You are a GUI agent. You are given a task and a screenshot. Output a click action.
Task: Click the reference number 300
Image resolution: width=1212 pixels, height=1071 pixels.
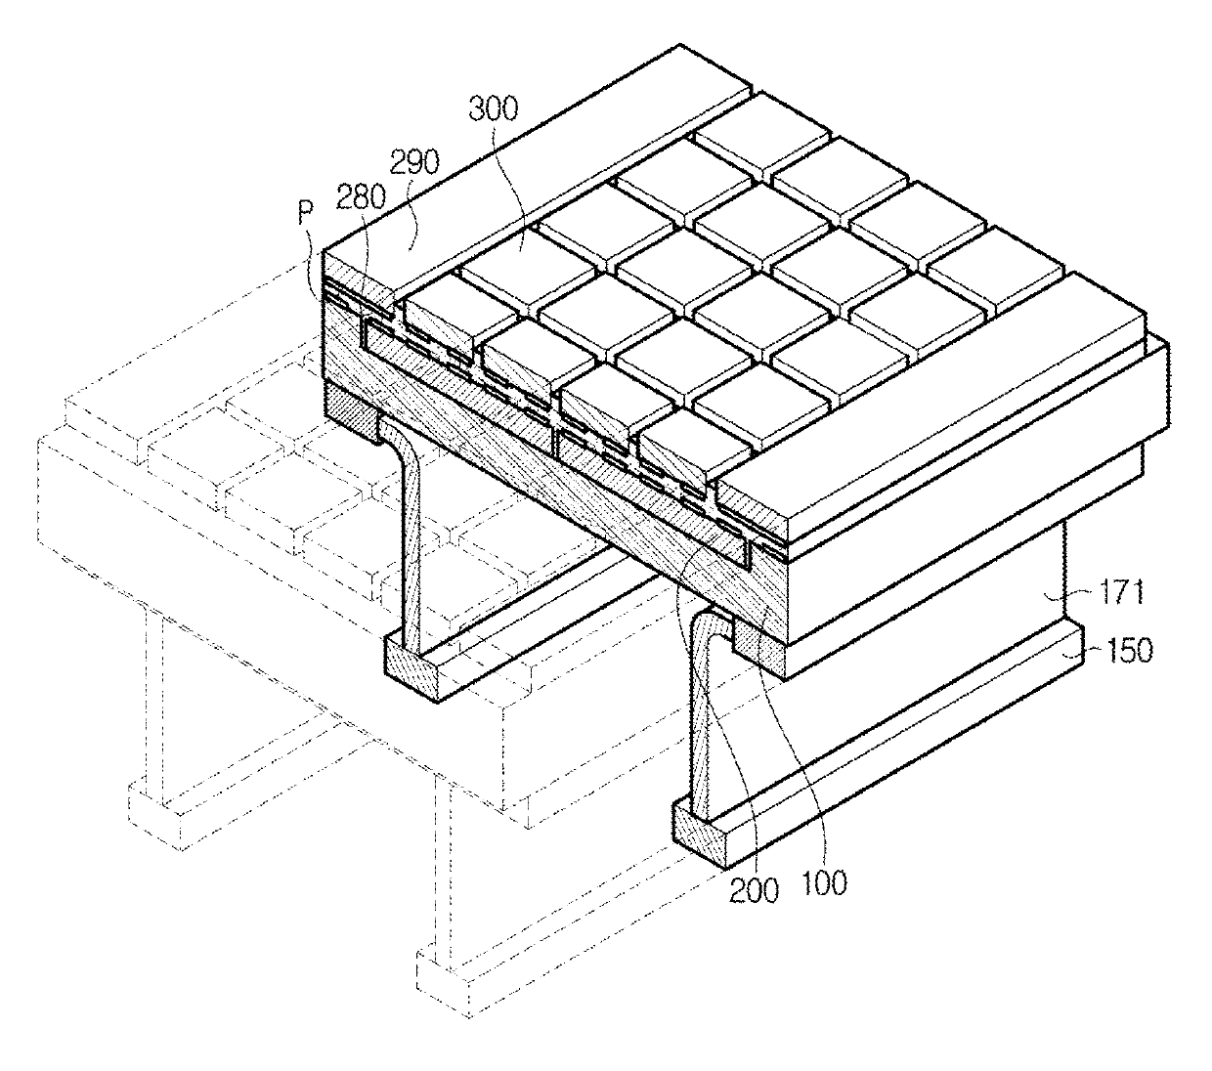pos(494,109)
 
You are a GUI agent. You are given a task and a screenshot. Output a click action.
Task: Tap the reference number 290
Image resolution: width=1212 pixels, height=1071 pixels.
pos(414,161)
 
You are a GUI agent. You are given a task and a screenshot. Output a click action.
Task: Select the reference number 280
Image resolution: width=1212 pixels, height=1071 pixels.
pos(361,197)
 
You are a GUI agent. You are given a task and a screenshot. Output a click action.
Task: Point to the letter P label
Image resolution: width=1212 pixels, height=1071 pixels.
pos(306,213)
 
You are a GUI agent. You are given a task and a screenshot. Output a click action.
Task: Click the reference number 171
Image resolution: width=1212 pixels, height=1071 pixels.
pos(1120,594)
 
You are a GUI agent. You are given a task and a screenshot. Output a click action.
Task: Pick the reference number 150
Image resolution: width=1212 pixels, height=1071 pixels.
pos(1128,651)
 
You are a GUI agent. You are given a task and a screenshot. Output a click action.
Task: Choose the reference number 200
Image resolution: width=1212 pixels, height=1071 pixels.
pos(754,891)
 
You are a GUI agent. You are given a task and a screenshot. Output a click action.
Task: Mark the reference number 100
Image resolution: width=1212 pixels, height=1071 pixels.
pos(823,883)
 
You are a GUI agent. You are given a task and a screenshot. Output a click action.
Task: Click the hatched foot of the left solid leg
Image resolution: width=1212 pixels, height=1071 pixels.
pos(411,668)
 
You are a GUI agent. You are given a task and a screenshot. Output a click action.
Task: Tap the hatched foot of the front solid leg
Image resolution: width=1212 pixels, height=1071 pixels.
pos(701,833)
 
